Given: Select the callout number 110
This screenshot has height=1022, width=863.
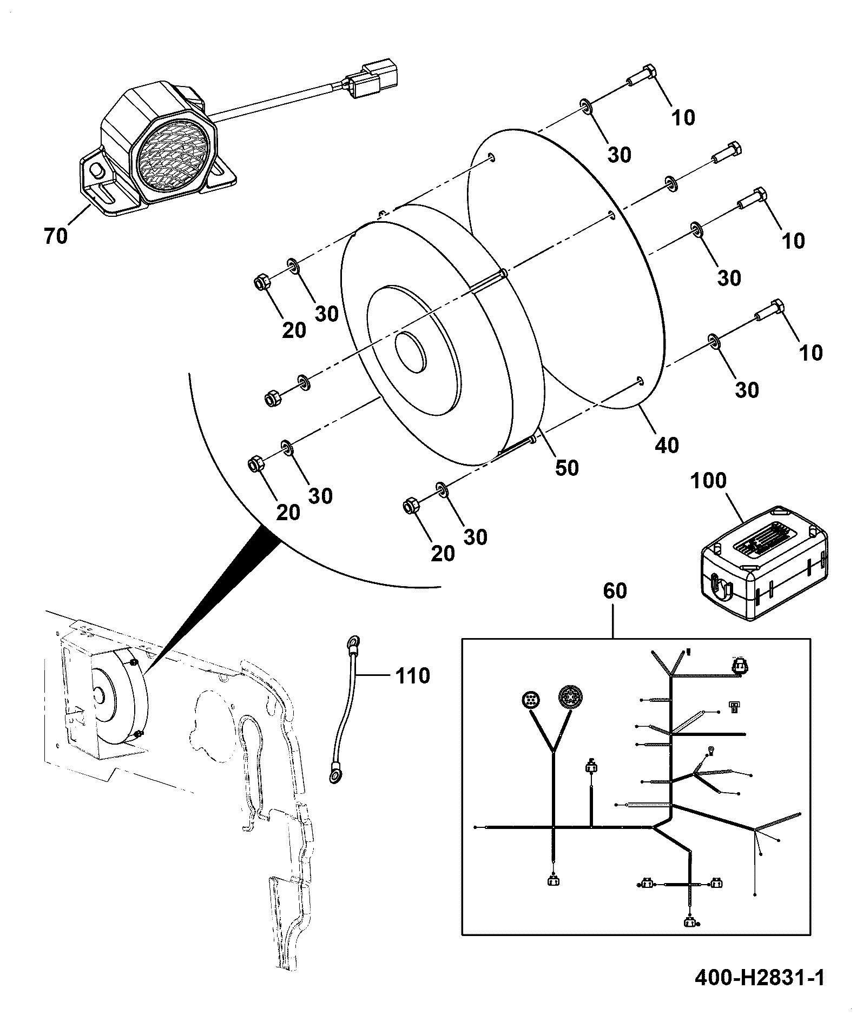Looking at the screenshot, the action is point(412,675).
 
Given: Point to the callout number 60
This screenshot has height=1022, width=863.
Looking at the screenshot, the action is point(615,590).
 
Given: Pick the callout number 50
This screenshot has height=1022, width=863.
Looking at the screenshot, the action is point(566,468).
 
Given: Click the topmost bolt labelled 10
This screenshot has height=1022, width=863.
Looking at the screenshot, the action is point(641,76).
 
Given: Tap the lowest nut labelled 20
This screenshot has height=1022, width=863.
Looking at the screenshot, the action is point(412,506).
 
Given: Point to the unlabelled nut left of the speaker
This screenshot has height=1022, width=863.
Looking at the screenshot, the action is point(272,397).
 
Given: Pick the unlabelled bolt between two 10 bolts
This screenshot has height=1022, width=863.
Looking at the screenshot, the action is point(727,152).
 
